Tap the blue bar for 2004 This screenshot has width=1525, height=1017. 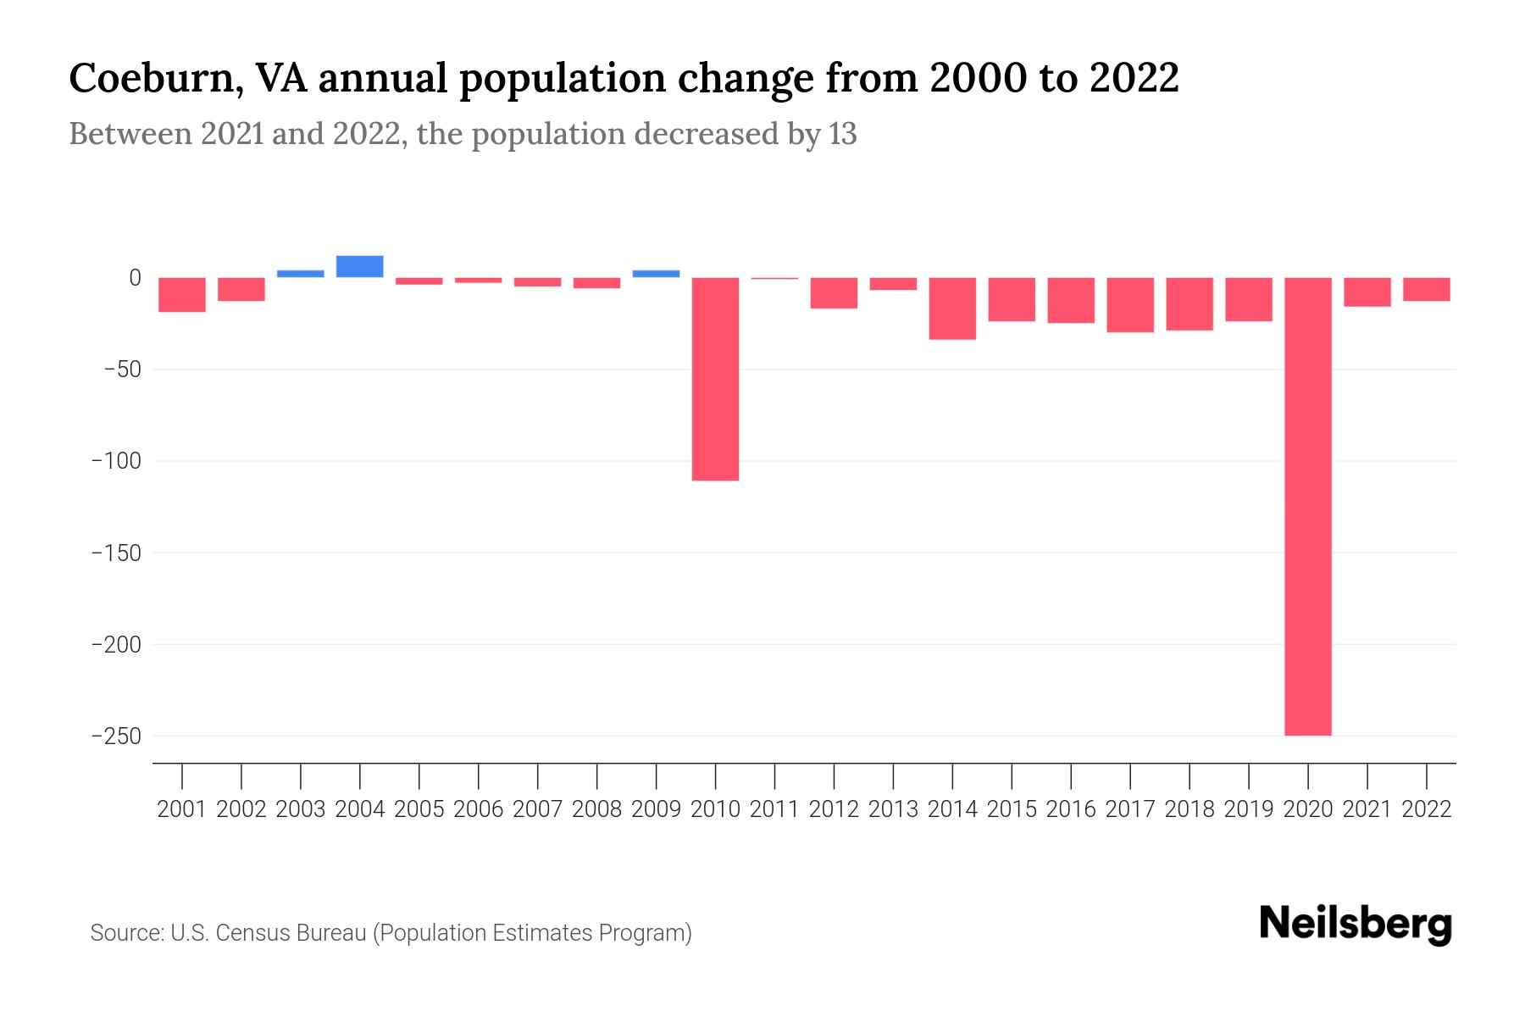tap(359, 266)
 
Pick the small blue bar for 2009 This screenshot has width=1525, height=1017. tap(656, 274)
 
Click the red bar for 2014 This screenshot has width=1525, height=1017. tap(952, 308)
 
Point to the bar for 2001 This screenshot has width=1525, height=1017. tap(182, 294)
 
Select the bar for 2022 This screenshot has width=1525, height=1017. tap(1426, 289)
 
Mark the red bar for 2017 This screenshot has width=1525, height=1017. tap(1129, 305)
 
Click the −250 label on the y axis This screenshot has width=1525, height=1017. tap(116, 736)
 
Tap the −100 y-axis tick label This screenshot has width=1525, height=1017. tap(116, 461)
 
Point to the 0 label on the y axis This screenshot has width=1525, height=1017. tap(135, 277)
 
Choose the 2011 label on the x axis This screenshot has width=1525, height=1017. tap(774, 809)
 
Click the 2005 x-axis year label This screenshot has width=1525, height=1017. tap(419, 809)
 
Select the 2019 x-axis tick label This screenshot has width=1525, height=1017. tap(1248, 809)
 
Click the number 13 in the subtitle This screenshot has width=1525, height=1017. tap(842, 134)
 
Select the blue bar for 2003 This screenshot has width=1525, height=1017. tap(300, 274)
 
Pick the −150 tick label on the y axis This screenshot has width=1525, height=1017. tap(116, 553)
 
